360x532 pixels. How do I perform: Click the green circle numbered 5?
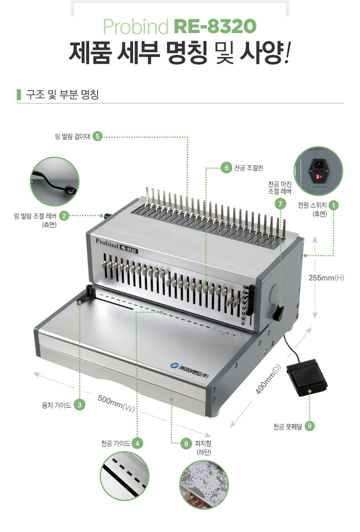click(97, 136)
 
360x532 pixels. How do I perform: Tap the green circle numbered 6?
click(226, 168)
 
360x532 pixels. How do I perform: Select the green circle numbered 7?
click(280, 204)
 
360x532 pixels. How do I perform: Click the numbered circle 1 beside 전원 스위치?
click(334, 205)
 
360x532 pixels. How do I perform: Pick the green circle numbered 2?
click(64, 216)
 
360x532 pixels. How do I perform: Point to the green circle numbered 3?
click(80, 405)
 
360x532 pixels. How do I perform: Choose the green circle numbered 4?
click(137, 443)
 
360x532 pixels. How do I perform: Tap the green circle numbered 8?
click(186, 444)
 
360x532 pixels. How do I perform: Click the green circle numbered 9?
click(309, 426)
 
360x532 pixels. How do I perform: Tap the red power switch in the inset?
click(319, 177)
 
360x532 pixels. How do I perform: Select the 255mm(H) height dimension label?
click(326, 278)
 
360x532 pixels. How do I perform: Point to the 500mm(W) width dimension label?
click(116, 403)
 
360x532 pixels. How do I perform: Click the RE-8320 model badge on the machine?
click(129, 249)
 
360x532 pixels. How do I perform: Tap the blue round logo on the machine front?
click(174, 365)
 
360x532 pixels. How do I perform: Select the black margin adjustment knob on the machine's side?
click(278, 312)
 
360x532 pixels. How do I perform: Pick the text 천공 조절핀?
click(249, 168)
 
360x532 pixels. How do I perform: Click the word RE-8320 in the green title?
click(215, 26)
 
